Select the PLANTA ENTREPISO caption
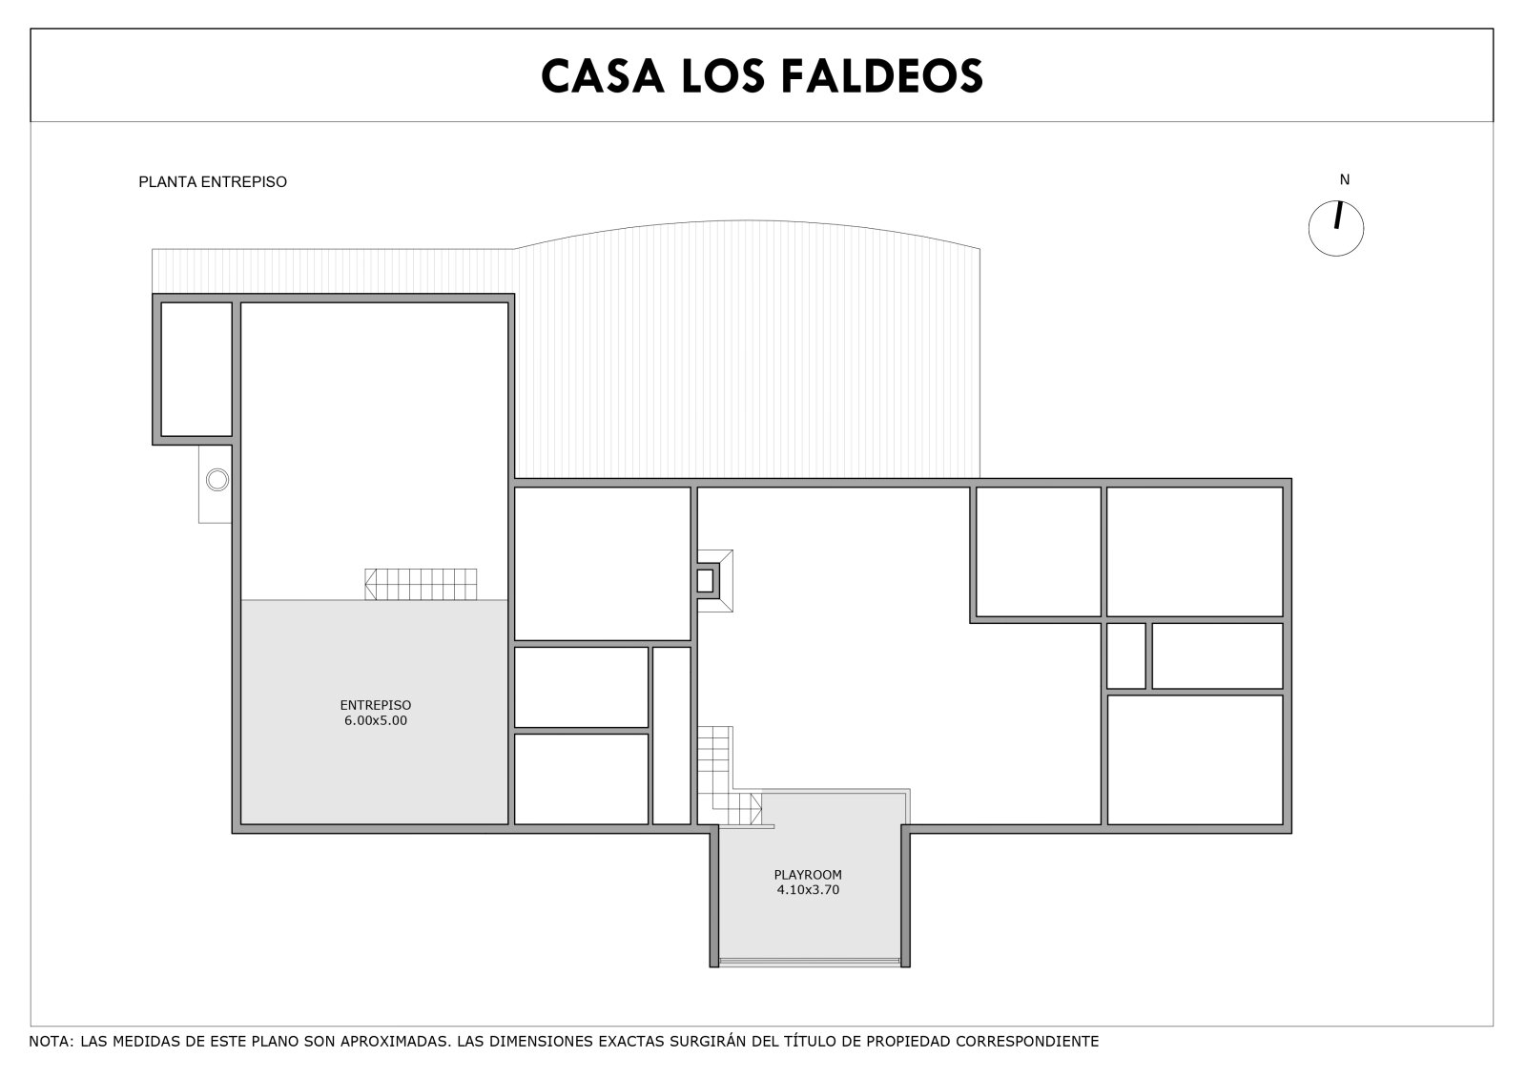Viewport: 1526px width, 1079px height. click(x=213, y=182)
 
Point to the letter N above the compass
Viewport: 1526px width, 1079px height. click(x=1345, y=179)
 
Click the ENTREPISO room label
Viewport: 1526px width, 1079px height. click(x=376, y=705)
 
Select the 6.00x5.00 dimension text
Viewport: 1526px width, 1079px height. click(x=376, y=720)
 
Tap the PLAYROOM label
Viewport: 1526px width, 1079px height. click(x=808, y=875)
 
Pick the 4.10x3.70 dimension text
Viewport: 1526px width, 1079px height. click(x=808, y=889)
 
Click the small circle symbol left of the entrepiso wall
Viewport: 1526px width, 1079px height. click(x=217, y=480)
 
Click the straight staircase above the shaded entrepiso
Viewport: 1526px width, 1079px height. click(x=421, y=584)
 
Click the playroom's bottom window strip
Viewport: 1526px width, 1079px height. click(x=810, y=962)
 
